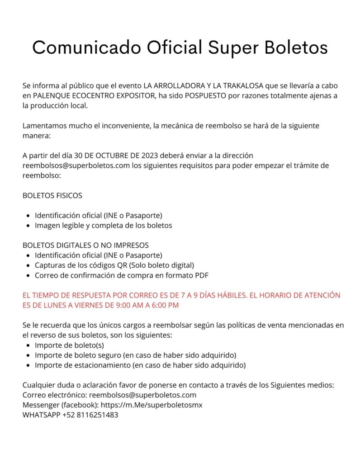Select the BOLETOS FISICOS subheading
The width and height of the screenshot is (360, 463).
click(52, 196)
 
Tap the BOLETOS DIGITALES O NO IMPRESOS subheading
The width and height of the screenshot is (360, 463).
click(85, 246)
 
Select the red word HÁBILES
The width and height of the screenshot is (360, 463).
click(228, 295)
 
